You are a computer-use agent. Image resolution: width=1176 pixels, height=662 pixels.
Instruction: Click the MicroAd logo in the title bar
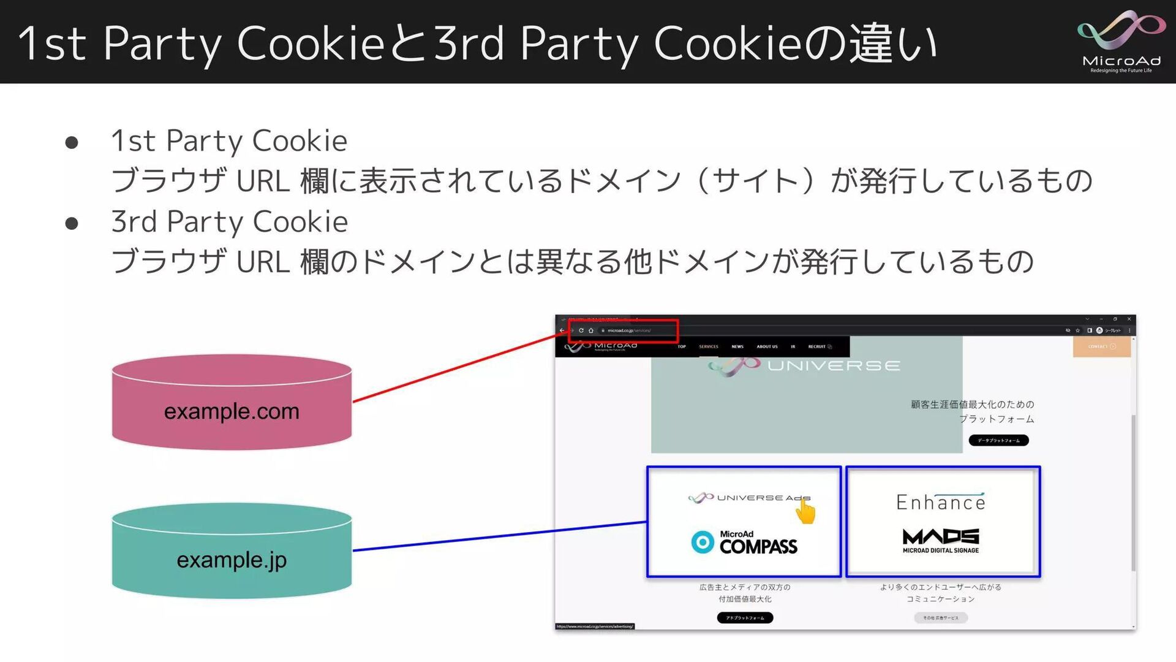(x=1121, y=41)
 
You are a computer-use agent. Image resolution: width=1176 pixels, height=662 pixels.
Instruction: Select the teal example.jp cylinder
(x=232, y=552)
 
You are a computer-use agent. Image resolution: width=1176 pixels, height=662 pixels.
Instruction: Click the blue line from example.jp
(x=499, y=536)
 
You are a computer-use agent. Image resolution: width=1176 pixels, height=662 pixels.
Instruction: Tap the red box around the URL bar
(x=624, y=330)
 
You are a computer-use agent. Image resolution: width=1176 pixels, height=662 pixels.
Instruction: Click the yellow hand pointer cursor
(x=806, y=512)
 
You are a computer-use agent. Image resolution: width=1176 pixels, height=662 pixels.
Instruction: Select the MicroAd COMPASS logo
(x=744, y=543)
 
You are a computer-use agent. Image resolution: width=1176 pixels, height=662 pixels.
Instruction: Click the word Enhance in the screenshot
(x=941, y=503)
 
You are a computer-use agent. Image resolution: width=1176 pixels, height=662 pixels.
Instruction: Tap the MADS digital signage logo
(x=941, y=540)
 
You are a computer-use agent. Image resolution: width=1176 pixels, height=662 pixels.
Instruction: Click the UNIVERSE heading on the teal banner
(x=834, y=366)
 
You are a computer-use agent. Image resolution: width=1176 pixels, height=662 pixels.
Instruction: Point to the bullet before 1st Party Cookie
(x=72, y=143)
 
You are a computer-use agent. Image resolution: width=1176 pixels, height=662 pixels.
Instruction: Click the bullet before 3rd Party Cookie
(x=72, y=224)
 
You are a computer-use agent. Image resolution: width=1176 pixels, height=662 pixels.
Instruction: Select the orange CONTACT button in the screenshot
(x=1101, y=346)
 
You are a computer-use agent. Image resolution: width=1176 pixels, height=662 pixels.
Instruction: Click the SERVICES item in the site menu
(x=709, y=347)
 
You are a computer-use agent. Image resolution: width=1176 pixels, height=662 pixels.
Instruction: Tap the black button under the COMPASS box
(x=745, y=618)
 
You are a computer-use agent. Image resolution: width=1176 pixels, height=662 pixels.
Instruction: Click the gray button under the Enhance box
(x=941, y=618)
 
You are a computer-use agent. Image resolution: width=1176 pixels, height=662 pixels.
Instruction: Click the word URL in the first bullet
(x=263, y=181)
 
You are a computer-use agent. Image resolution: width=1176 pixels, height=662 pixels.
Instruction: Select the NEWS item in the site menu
(x=737, y=347)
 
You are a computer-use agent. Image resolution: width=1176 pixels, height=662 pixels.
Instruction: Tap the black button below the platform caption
(x=998, y=440)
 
